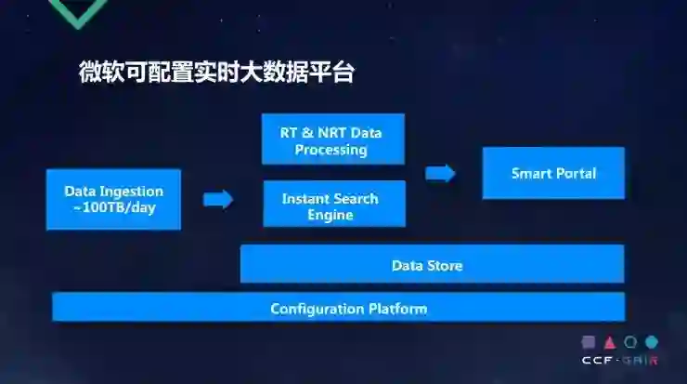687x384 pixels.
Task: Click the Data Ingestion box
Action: tap(113, 199)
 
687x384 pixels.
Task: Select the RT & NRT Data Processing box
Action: tap(334, 140)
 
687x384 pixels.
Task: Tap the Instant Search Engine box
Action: tap(334, 205)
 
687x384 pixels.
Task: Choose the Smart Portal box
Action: tap(553, 173)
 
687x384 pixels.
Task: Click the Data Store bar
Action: tap(432, 265)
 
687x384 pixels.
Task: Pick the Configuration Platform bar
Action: tap(338, 308)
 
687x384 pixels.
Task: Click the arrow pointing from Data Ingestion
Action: tap(218, 199)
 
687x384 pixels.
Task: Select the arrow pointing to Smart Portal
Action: tap(440, 173)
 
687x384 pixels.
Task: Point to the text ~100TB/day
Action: tap(113, 207)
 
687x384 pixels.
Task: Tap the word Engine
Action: tap(331, 215)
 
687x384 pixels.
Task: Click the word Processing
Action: tap(331, 150)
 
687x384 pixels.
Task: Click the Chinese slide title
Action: tap(216, 73)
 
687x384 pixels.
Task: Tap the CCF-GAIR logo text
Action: tap(619, 361)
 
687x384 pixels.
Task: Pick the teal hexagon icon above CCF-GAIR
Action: tap(652, 341)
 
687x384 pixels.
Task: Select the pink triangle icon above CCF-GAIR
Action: tap(609, 341)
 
